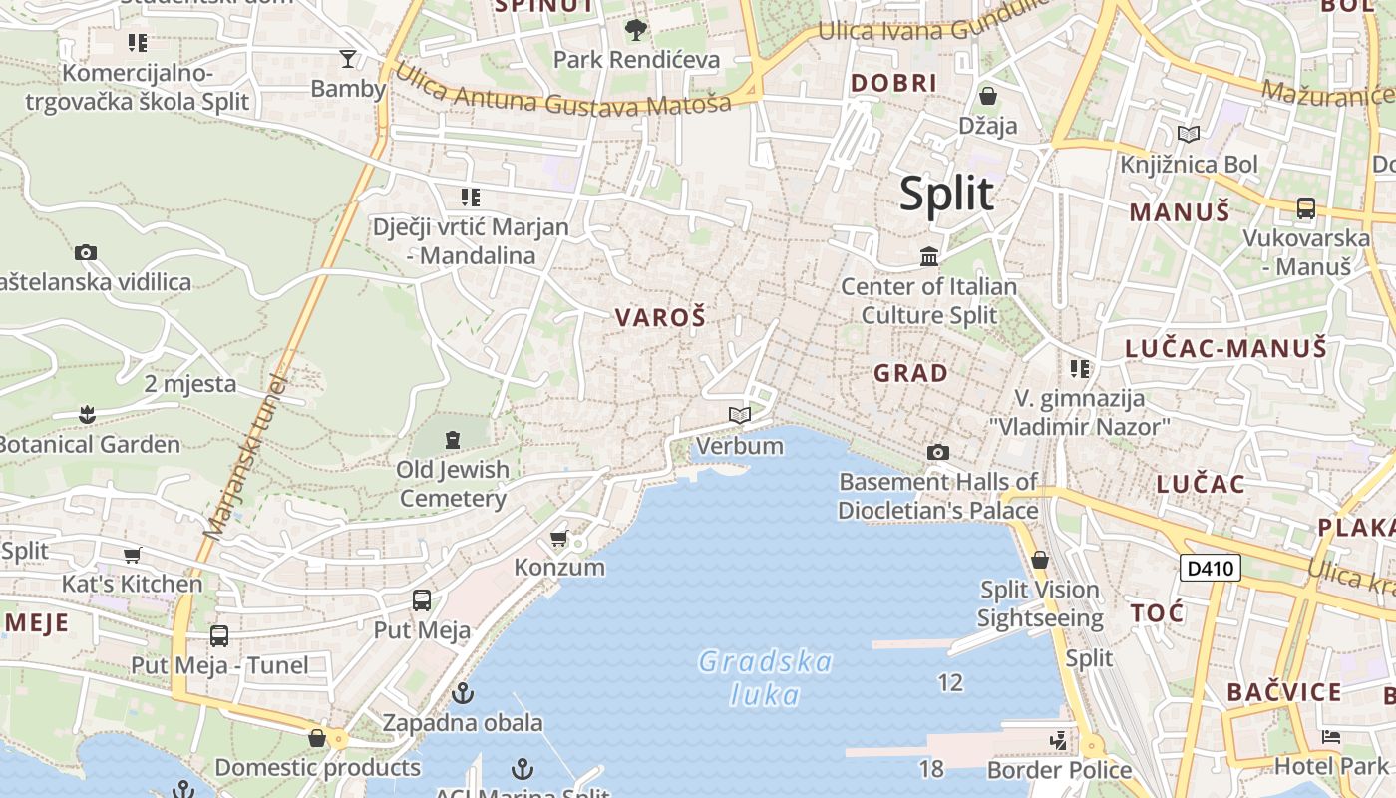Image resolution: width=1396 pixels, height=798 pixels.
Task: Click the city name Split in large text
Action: click(x=946, y=194)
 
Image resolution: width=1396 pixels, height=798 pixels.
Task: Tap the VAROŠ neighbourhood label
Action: click(x=660, y=318)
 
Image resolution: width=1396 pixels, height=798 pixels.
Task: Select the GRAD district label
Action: click(x=910, y=373)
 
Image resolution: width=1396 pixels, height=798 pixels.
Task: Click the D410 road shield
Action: click(x=1211, y=569)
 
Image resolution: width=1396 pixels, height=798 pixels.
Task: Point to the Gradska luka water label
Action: click(x=766, y=677)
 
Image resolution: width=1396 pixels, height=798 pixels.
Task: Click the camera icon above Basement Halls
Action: click(x=937, y=453)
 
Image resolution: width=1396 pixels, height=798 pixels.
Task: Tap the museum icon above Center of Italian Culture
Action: click(x=929, y=257)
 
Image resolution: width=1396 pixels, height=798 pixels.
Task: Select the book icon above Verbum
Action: click(x=739, y=415)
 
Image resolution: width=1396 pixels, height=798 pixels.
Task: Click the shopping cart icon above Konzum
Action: click(x=559, y=539)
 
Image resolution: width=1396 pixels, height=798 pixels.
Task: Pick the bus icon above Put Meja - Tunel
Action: click(x=219, y=635)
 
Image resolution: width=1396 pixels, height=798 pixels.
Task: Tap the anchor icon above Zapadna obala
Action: click(x=462, y=693)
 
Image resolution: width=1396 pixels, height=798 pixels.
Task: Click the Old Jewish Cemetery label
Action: click(x=453, y=483)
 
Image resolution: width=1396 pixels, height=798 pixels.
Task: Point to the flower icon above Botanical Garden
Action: click(x=88, y=414)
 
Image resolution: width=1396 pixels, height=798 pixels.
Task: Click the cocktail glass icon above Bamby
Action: click(x=347, y=59)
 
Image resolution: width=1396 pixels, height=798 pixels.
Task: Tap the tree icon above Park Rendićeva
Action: click(x=635, y=30)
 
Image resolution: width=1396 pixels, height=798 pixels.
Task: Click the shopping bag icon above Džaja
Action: click(x=987, y=96)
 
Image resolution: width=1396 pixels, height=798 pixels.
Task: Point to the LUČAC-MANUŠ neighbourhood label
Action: click(x=1225, y=348)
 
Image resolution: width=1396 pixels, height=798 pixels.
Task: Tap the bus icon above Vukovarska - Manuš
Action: click(x=1305, y=208)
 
